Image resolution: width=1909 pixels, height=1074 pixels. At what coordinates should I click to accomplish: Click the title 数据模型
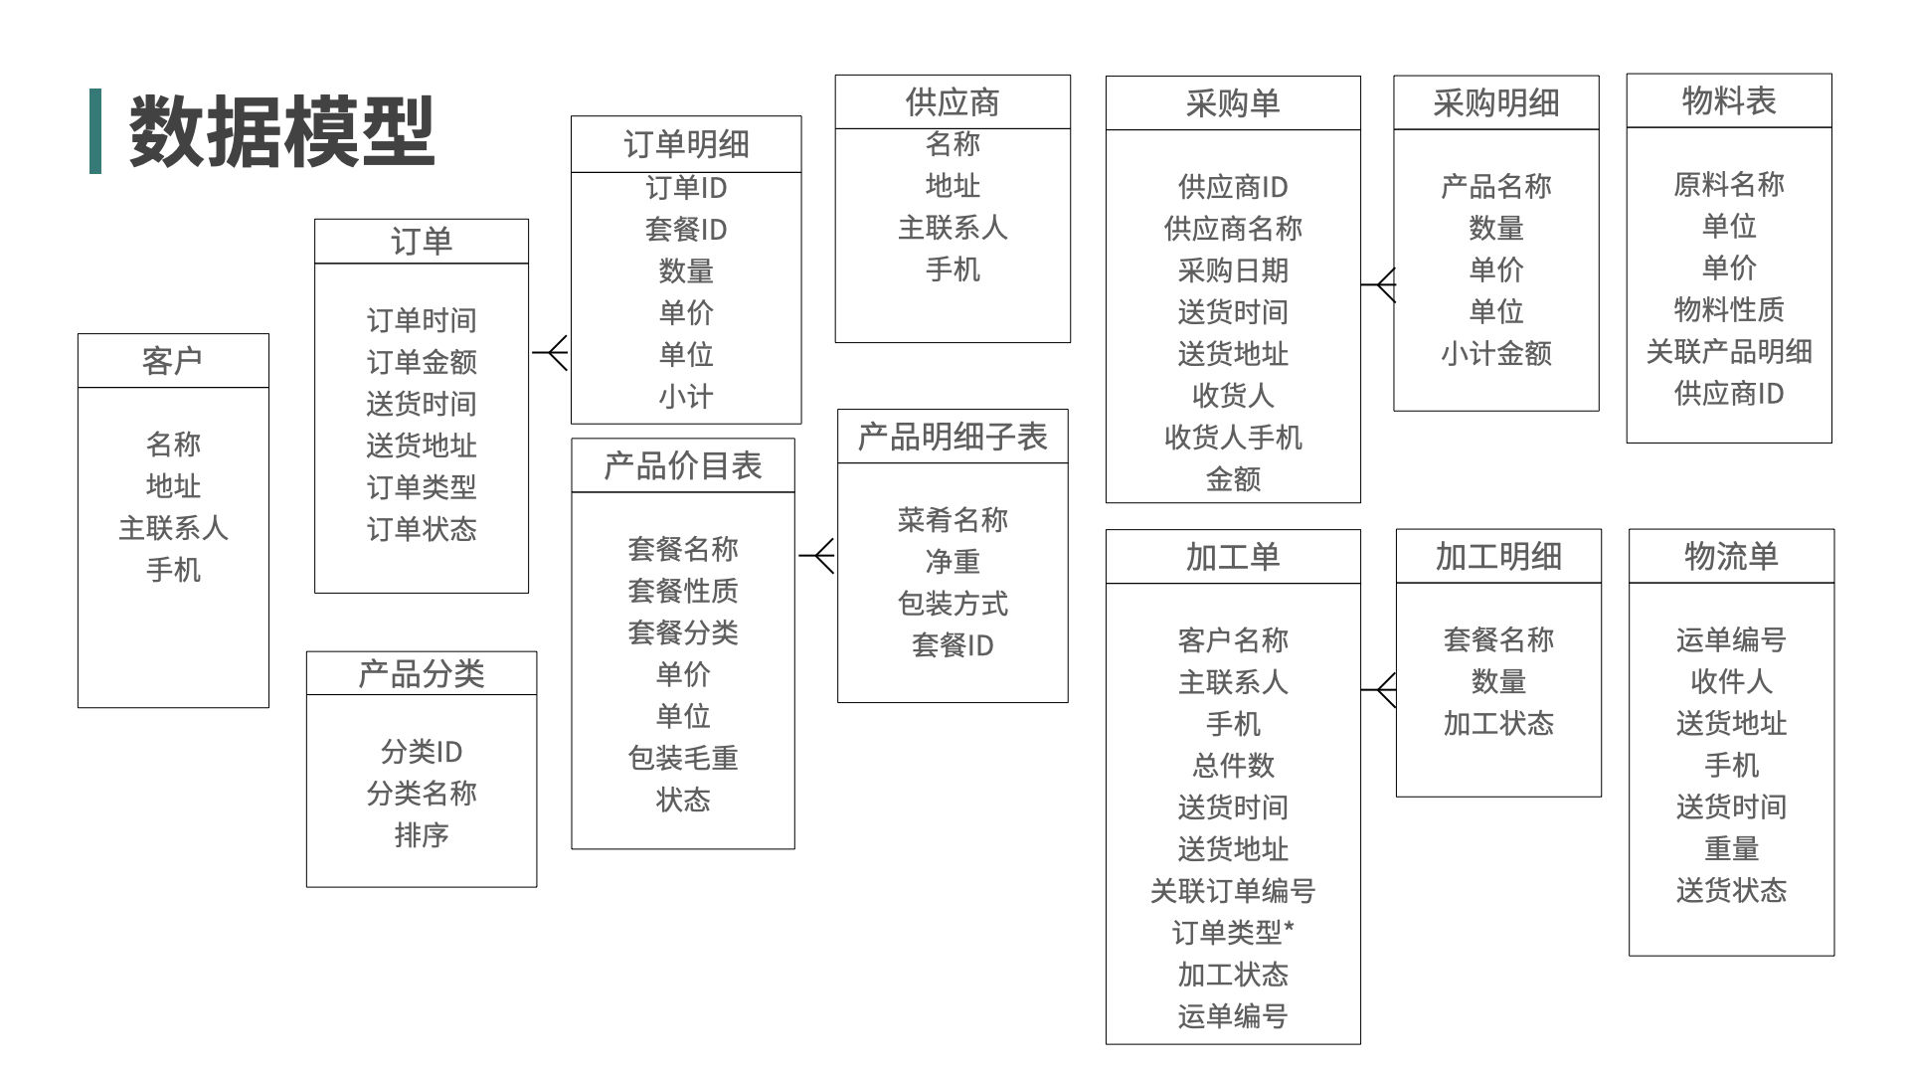coord(281,130)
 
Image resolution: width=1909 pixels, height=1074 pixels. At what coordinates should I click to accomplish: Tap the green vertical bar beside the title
coord(95,131)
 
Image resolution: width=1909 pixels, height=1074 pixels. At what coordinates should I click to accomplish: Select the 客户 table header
coord(173,361)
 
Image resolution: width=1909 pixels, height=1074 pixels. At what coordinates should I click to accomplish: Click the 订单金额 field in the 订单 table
coord(422,362)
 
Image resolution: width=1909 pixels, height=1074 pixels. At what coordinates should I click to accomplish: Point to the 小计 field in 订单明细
coord(686,397)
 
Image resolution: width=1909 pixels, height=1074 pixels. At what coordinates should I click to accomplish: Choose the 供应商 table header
coord(953,101)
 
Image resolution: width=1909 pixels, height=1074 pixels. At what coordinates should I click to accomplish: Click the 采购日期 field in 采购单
coord(1233,270)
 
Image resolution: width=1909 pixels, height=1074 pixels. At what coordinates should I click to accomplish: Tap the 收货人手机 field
coord(1233,438)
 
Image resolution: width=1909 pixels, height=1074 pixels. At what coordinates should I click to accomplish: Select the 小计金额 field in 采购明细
coord(1496,353)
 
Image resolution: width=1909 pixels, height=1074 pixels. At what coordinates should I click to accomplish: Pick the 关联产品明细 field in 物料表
coord(1729,351)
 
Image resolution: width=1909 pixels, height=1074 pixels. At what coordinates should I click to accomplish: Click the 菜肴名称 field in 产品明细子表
coord(953,519)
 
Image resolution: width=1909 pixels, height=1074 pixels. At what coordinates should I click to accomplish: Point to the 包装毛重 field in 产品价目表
coord(683,759)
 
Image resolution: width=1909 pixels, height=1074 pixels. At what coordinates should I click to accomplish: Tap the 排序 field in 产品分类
coord(422,835)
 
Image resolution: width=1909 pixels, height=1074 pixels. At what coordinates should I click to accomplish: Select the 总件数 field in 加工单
coord(1233,766)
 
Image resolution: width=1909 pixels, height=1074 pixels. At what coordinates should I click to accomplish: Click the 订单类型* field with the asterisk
coord(1233,933)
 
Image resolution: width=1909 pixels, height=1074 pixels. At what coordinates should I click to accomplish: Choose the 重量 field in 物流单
coord(1731,848)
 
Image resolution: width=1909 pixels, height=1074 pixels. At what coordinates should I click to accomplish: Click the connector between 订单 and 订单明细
coord(551,353)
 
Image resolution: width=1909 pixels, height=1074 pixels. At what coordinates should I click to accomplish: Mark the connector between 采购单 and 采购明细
coord(1378,285)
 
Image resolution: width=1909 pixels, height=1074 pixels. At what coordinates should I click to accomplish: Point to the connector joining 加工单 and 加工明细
coord(1379,690)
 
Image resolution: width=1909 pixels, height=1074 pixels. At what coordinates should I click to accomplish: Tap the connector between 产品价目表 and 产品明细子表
coord(816,555)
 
